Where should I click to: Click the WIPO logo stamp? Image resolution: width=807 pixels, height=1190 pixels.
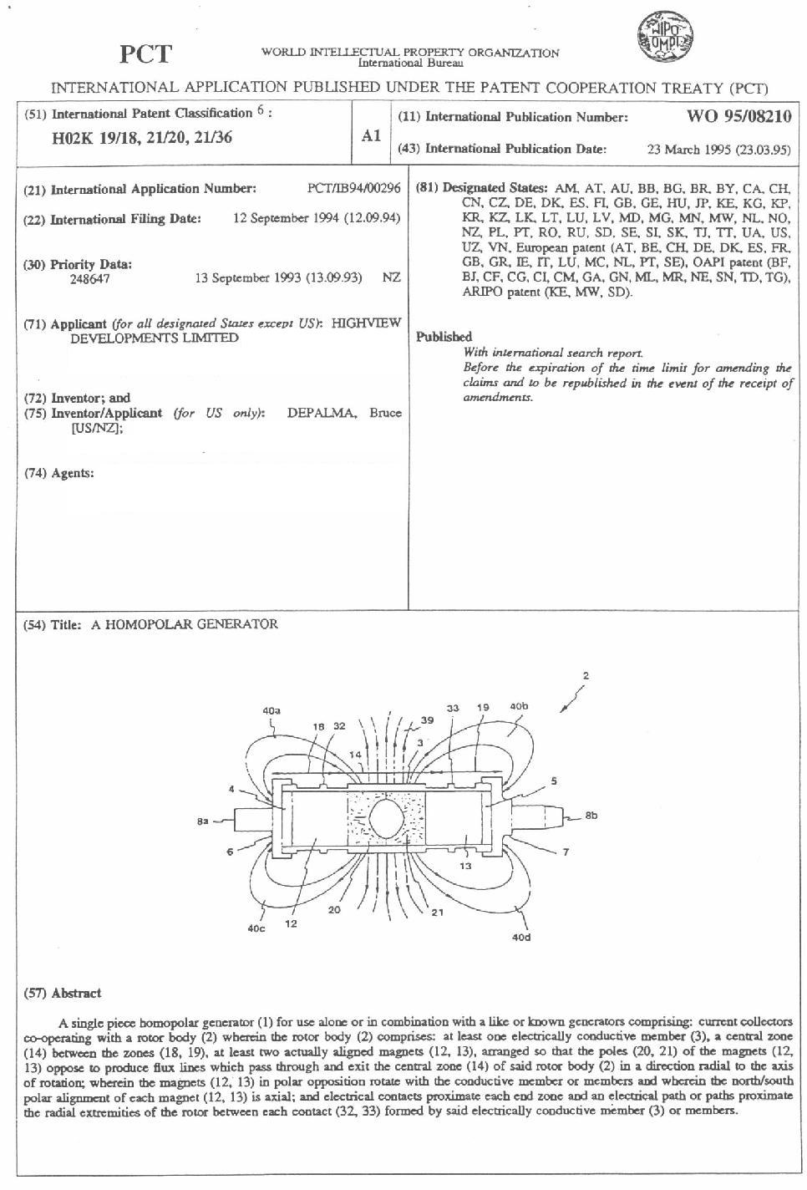(x=666, y=38)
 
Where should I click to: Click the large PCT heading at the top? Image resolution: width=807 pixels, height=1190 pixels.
(x=145, y=54)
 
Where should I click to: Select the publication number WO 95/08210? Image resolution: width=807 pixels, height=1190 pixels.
(x=738, y=116)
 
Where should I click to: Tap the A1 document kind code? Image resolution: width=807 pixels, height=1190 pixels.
(x=371, y=135)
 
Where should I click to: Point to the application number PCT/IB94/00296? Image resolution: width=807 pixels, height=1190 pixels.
(x=353, y=189)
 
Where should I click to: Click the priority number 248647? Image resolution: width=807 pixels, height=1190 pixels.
(x=89, y=279)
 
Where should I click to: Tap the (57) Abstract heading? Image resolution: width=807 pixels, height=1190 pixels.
(x=63, y=993)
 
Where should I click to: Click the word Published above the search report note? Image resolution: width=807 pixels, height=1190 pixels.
(x=444, y=337)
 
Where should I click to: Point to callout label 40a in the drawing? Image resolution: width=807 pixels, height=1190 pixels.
(x=272, y=711)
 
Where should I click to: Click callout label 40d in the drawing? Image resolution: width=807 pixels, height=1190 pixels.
(x=520, y=938)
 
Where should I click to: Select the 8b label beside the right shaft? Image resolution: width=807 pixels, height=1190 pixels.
(x=591, y=815)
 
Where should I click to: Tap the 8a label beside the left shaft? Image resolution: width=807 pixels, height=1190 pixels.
(x=203, y=822)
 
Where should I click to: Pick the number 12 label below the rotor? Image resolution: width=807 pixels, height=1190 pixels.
(x=292, y=924)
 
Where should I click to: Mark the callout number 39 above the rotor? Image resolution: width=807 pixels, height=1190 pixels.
(x=428, y=720)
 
